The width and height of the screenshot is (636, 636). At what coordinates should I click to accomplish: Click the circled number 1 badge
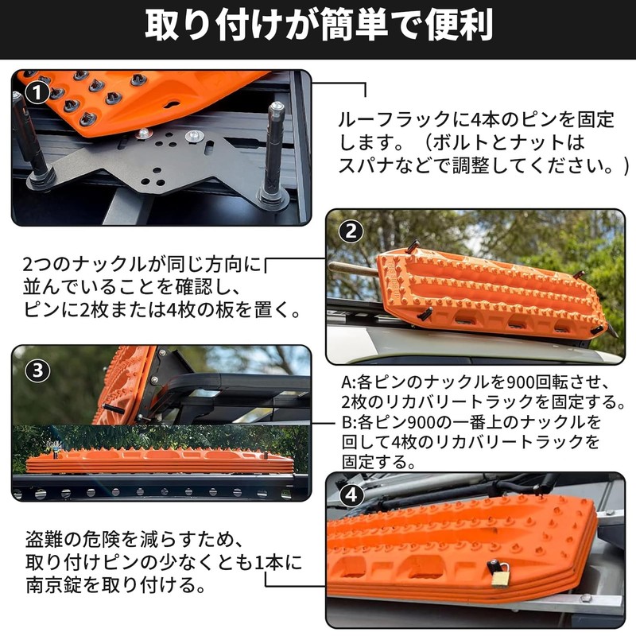pos(37,93)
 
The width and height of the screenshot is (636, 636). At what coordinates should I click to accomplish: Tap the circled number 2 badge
pos(351,231)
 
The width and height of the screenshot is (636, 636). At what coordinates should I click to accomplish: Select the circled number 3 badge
pos(37,370)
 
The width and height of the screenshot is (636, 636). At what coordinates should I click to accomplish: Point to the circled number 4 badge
pos(351,494)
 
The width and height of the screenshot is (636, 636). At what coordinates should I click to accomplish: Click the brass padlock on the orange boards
pos(499,574)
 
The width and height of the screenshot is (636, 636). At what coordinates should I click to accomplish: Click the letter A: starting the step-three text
pos(349,382)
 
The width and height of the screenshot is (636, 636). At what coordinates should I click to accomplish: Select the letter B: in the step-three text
pos(349,422)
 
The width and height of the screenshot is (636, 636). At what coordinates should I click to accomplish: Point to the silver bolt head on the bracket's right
pos(193,135)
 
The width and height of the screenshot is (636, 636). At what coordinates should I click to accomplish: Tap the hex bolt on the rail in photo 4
pos(585,598)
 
